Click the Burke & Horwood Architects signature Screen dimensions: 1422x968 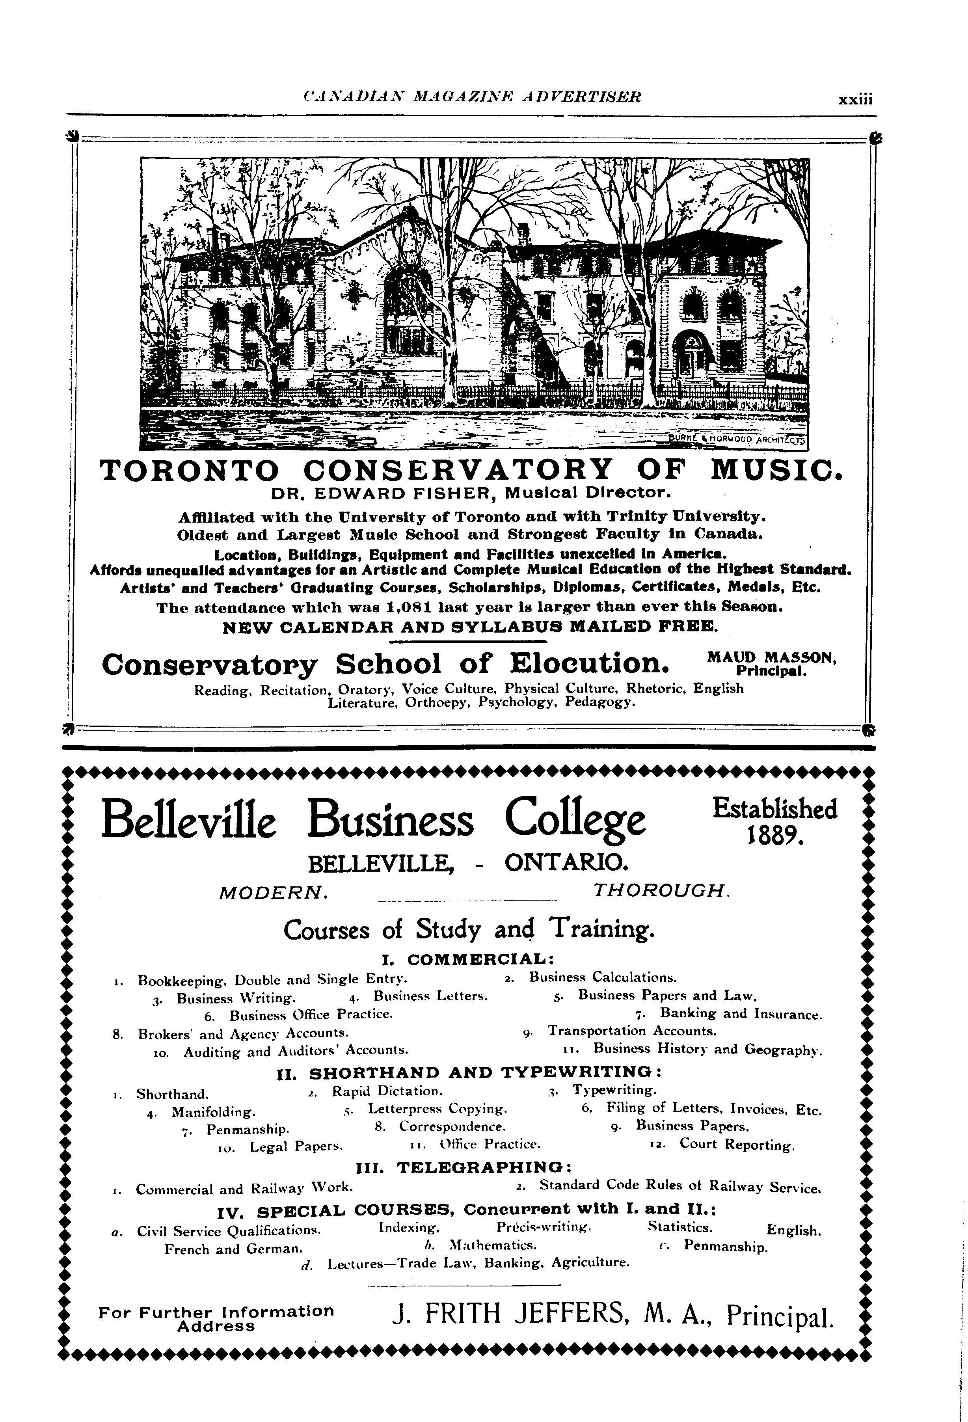pyautogui.click(x=737, y=440)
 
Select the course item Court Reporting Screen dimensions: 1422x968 pyautogui.click(x=737, y=1145)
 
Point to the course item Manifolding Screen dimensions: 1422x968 pyautogui.click(x=213, y=1112)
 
